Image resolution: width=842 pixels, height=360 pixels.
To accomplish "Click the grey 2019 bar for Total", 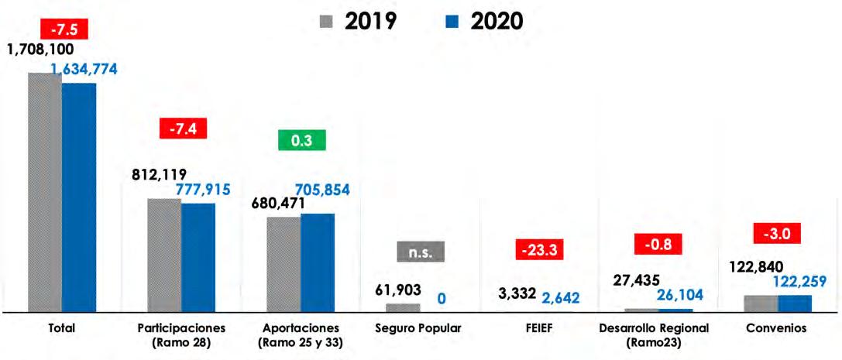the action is coord(45,192).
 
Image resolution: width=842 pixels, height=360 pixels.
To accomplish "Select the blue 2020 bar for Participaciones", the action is coord(198,258).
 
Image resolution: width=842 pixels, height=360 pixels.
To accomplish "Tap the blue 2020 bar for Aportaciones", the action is coord(318,262).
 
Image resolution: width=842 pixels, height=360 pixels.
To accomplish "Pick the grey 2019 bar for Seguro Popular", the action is coord(404,307).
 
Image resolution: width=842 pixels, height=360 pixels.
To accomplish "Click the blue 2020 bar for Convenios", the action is coord(795,303).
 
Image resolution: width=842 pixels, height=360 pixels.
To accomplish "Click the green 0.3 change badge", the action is coord(302,141).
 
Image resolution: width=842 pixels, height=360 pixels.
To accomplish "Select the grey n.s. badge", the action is coord(421,252).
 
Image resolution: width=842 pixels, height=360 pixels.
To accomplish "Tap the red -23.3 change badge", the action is coord(539,249).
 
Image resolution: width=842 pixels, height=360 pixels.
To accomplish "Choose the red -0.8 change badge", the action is coord(658,244).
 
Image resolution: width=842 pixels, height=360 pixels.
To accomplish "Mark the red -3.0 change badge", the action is coord(777,234).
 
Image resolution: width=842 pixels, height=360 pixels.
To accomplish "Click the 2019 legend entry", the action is coord(358,22).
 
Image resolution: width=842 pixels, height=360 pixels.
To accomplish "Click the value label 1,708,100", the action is coord(40,50).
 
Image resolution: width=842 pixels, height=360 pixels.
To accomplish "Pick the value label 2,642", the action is coord(560,297).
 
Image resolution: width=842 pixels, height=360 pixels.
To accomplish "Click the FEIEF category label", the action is coord(538,328).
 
